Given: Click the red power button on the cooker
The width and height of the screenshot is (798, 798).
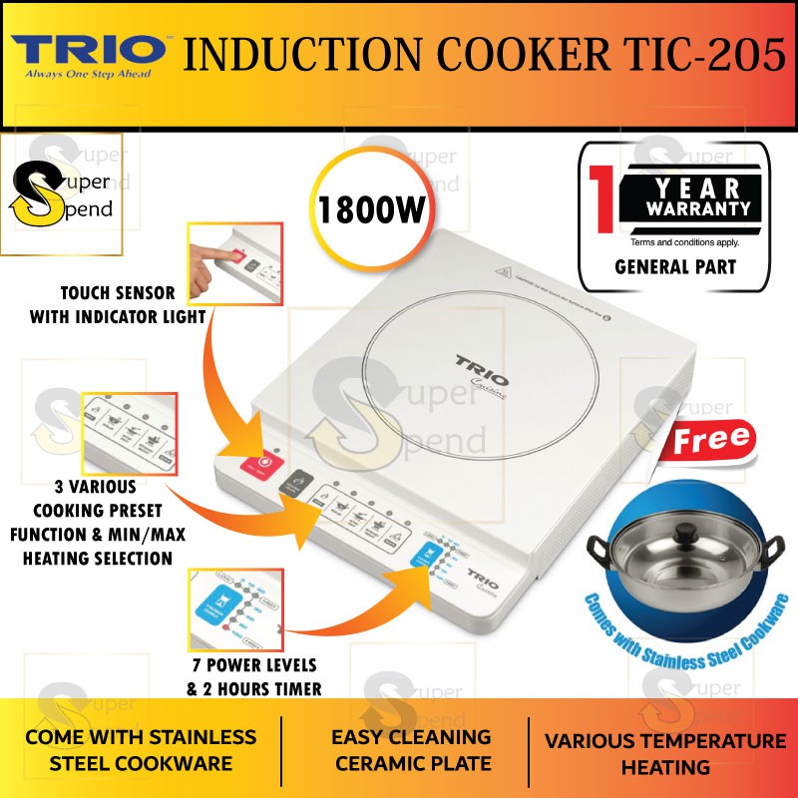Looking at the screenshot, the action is [264, 462].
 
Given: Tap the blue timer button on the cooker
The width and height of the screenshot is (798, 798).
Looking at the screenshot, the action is [422, 573].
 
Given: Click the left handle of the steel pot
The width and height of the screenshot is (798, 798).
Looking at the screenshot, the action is [598, 550].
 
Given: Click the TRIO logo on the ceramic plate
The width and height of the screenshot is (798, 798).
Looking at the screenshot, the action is [482, 363].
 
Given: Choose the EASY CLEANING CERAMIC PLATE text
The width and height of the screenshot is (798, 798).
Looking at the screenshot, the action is [413, 750].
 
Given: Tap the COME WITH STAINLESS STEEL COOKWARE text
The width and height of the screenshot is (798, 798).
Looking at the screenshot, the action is [141, 750].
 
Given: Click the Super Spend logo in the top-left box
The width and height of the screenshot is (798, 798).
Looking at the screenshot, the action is [62, 195].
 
